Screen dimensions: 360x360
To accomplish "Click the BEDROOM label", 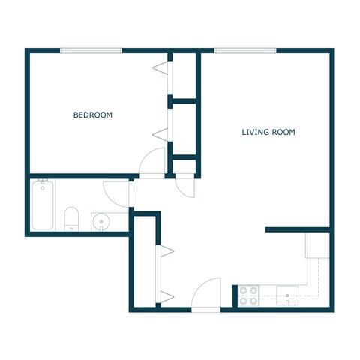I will [92, 115].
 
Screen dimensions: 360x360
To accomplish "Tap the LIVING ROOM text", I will [268, 132].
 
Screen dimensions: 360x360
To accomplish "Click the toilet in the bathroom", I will [72, 219].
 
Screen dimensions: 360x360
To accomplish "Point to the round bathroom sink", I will [101, 221].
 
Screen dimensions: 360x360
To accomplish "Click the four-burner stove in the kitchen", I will [248, 295].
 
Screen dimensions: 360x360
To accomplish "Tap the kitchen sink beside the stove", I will [288, 295].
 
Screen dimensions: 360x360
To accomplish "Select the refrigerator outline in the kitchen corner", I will [319, 245].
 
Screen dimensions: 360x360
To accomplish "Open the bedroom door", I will [152, 161].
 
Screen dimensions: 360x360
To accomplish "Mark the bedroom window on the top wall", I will [91, 51].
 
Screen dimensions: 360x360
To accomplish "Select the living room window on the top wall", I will [245, 51].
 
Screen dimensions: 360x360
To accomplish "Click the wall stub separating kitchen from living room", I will [298, 229].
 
